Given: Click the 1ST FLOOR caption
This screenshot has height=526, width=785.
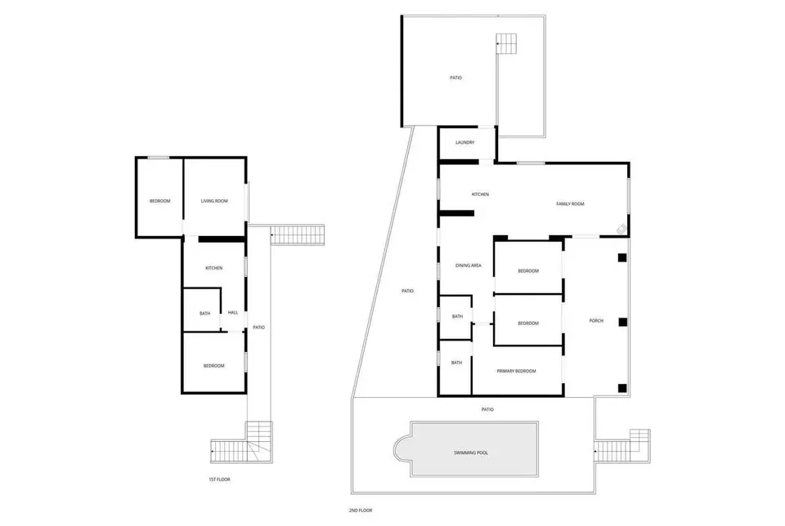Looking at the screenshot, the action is (x=219, y=479).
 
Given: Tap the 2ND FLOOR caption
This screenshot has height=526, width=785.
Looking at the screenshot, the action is (x=361, y=510).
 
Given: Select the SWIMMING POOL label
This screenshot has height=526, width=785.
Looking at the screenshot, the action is (x=471, y=452).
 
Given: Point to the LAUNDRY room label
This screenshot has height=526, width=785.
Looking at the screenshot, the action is (x=464, y=142).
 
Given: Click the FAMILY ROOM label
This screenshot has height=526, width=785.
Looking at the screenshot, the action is (x=570, y=204).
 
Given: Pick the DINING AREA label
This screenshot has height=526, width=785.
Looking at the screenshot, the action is (x=468, y=265).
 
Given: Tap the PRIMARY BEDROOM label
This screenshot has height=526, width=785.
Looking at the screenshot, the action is (x=516, y=371).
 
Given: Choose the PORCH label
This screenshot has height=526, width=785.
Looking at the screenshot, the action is (x=596, y=320).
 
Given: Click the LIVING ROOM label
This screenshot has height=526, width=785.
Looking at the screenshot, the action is (x=214, y=201).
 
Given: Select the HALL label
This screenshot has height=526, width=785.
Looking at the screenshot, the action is (x=233, y=313).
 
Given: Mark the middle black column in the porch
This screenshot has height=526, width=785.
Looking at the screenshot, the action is (x=622, y=322).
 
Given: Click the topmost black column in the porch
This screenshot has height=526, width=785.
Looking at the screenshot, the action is (x=621, y=258).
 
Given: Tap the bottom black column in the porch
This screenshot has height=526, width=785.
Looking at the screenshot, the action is (x=622, y=387).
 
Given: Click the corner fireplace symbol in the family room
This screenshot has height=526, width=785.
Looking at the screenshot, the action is (x=621, y=229).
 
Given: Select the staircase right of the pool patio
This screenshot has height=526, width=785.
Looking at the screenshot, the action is (x=622, y=446).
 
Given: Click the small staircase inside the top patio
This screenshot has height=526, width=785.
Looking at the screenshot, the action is (x=506, y=44).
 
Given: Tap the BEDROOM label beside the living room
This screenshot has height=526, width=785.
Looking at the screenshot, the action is (x=159, y=201).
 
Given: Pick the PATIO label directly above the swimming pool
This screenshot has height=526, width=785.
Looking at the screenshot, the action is (x=487, y=409).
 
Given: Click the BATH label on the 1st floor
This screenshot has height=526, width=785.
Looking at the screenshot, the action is (x=204, y=314).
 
